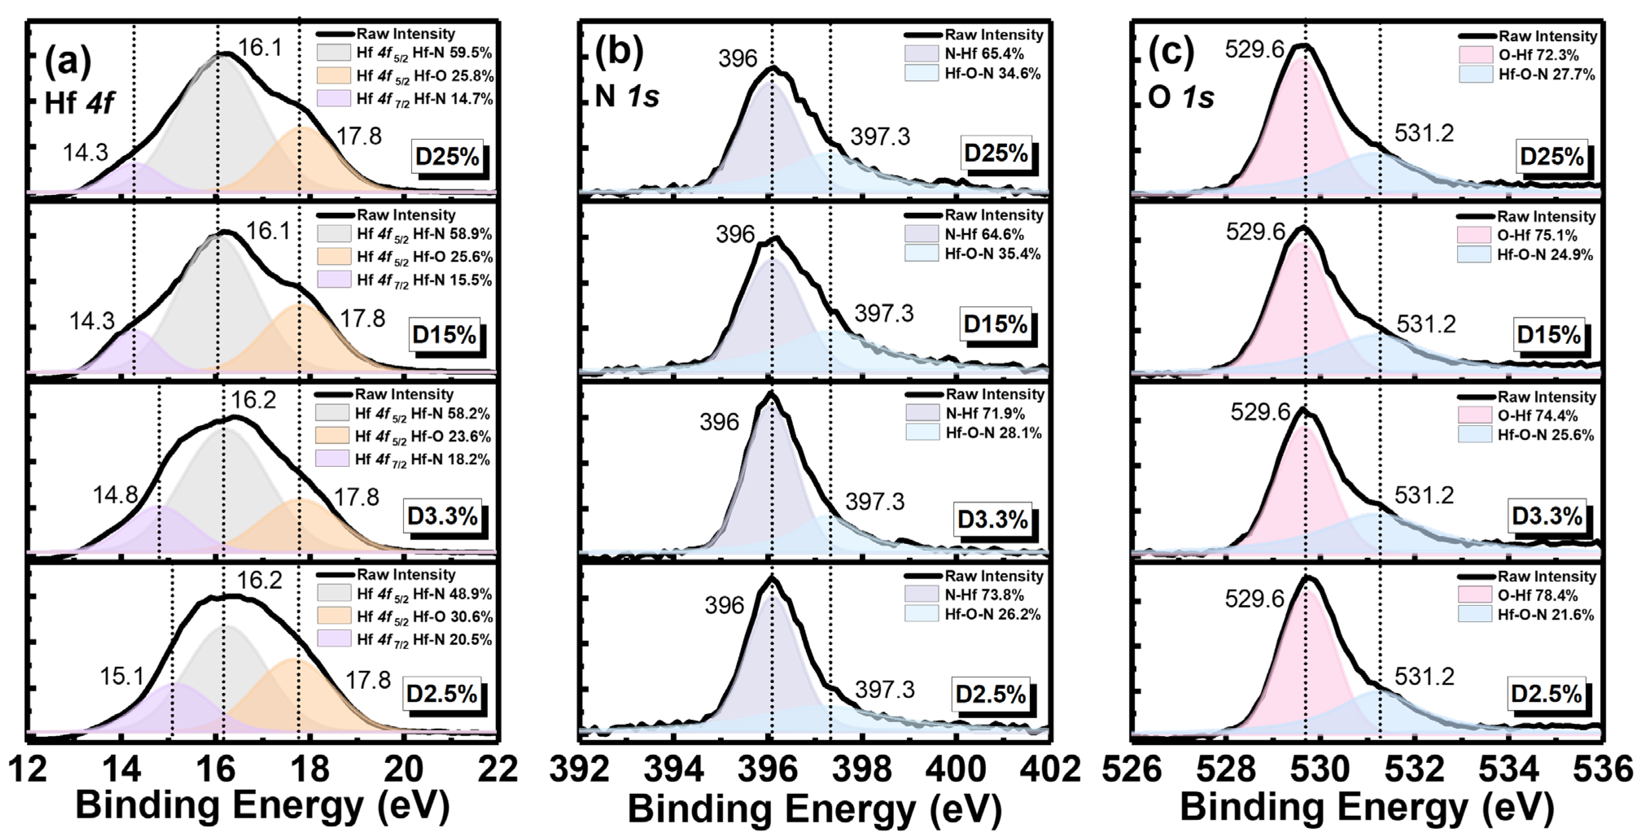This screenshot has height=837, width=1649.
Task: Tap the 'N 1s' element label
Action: (x=627, y=96)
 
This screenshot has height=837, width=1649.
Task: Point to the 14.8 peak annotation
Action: (x=115, y=495)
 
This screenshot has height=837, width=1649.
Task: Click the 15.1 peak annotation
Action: (x=122, y=676)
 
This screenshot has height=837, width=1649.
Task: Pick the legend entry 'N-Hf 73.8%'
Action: (x=984, y=595)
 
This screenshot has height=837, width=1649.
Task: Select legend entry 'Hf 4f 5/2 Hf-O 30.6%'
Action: (x=424, y=617)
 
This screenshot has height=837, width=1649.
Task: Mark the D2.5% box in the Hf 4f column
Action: (x=442, y=694)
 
